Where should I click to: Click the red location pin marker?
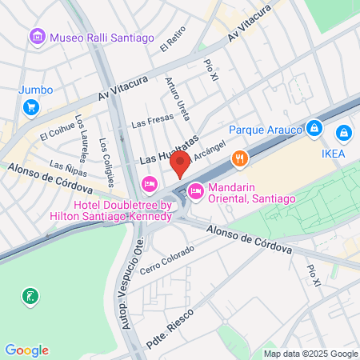pos(180,165)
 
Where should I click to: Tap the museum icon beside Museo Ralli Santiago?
pos(37,37)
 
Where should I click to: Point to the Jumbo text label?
pos(35,90)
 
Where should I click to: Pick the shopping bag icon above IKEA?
pos(343,132)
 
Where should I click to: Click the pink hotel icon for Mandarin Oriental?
pos(196,190)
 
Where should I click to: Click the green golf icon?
pos(30,297)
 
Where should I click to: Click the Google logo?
pos(26,350)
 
